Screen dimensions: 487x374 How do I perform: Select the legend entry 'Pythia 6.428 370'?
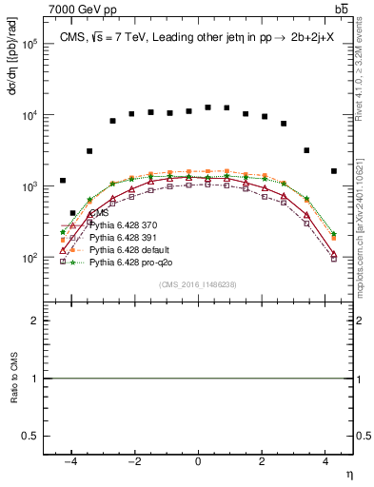pyautogui.click(x=128, y=224)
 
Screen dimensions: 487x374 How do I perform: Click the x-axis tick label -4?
pyautogui.click(x=69, y=460)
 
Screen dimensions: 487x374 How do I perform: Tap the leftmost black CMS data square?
pyautogui.click(x=63, y=180)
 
